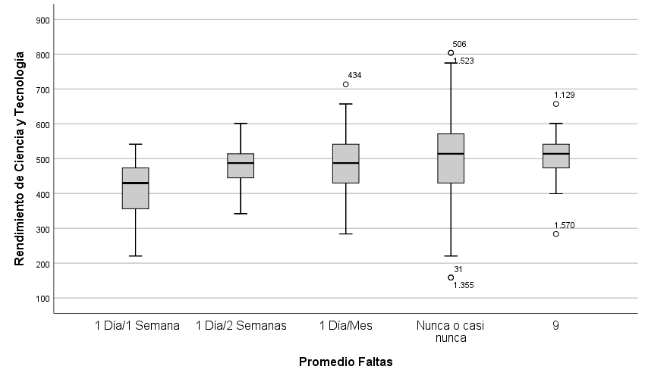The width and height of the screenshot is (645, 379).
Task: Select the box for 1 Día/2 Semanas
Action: click(241, 165)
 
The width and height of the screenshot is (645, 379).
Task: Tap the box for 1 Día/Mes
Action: click(346, 163)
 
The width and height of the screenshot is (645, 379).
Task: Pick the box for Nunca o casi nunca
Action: click(451, 158)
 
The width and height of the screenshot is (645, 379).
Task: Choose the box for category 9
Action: click(556, 156)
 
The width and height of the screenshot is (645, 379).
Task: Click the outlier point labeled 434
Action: click(346, 84)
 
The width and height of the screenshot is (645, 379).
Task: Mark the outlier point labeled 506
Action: click(451, 53)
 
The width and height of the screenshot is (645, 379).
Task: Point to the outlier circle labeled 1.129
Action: click(556, 104)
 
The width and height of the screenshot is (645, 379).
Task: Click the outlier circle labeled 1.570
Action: click(556, 233)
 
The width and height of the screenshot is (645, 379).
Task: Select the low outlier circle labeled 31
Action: click(451, 277)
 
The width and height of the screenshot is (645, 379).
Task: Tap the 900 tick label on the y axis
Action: click(43, 20)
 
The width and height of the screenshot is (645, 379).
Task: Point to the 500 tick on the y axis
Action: click(43, 159)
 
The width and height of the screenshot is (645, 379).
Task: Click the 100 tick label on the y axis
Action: click(43, 299)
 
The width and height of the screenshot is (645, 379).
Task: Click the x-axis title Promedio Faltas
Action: click(345, 362)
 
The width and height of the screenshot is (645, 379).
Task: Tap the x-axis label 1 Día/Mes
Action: click(346, 326)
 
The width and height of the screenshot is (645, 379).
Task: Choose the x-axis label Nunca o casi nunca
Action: click(451, 332)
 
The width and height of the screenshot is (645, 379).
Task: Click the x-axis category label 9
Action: click(556, 326)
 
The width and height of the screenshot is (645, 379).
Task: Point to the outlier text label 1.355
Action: click(464, 285)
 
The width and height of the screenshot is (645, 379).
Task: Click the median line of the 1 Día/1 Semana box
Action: click(136, 183)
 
